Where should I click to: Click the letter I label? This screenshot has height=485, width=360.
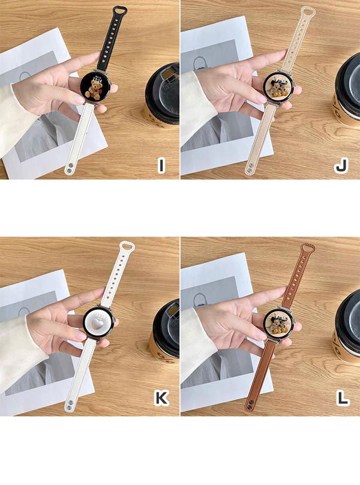pos(161,165)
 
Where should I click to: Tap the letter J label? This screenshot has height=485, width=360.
pos(341,165)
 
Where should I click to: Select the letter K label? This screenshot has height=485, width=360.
pos(161,398)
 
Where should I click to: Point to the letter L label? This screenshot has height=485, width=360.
pos(343,398)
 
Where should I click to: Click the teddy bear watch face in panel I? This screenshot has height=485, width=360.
pos(94,87)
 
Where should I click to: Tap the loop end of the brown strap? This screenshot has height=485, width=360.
pos(307,249)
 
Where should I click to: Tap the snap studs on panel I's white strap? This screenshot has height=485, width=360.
pos(70,169)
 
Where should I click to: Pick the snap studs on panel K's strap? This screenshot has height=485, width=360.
pos(70,405)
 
